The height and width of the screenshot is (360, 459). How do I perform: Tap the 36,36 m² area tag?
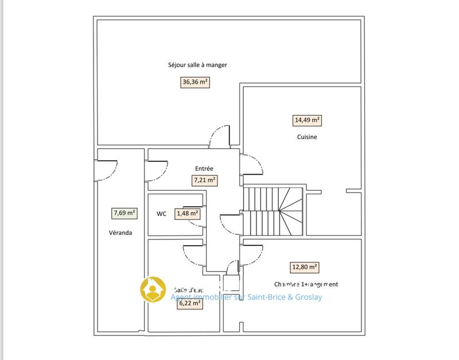pyautogui.click(x=195, y=82)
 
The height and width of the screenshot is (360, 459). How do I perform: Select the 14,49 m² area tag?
pyautogui.click(x=307, y=121)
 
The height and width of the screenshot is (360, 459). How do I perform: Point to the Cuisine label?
pyautogui.click(x=307, y=137)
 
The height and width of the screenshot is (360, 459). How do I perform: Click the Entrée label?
pyautogui.click(x=204, y=169)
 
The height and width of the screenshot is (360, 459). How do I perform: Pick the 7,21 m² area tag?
pyautogui.click(x=204, y=180)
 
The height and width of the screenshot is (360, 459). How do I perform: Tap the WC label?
pyautogui.click(x=162, y=214)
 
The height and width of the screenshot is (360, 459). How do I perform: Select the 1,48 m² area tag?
pyautogui.click(x=188, y=214)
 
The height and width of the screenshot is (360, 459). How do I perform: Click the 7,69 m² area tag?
pyautogui.click(x=125, y=213)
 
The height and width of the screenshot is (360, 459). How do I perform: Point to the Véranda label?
pyautogui.click(x=120, y=233)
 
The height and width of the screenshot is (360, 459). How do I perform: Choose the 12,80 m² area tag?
pyautogui.click(x=305, y=267)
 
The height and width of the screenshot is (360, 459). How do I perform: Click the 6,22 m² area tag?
pyautogui.click(x=189, y=303)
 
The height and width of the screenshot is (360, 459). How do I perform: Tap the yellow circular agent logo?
pyautogui.click(x=153, y=290)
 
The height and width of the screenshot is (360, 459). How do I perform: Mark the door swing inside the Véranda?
pyautogui.click(x=106, y=169)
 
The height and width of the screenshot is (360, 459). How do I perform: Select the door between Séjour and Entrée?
pyautogui.click(x=220, y=136)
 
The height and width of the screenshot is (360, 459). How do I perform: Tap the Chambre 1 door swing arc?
pyautogui.click(x=252, y=253)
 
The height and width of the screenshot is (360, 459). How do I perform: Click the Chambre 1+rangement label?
pyautogui.click(x=306, y=284)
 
